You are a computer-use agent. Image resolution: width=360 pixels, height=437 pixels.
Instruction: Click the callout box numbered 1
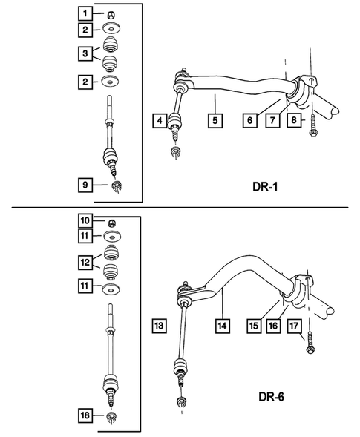pos(87,13)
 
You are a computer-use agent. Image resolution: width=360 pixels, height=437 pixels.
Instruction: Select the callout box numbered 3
pos(87,53)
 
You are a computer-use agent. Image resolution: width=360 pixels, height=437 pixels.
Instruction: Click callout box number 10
pos(87,220)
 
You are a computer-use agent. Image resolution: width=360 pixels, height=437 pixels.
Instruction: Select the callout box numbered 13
pos(160,325)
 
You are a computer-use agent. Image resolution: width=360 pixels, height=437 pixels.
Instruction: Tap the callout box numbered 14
pos(220,325)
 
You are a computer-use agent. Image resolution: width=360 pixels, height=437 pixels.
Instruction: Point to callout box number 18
pos(87,416)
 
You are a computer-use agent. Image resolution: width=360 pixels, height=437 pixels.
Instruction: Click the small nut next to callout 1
pos(111,13)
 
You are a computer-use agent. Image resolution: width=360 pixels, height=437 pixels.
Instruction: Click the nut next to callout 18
pos(111,418)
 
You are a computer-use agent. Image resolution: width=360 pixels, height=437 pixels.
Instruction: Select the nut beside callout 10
pos(111,220)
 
